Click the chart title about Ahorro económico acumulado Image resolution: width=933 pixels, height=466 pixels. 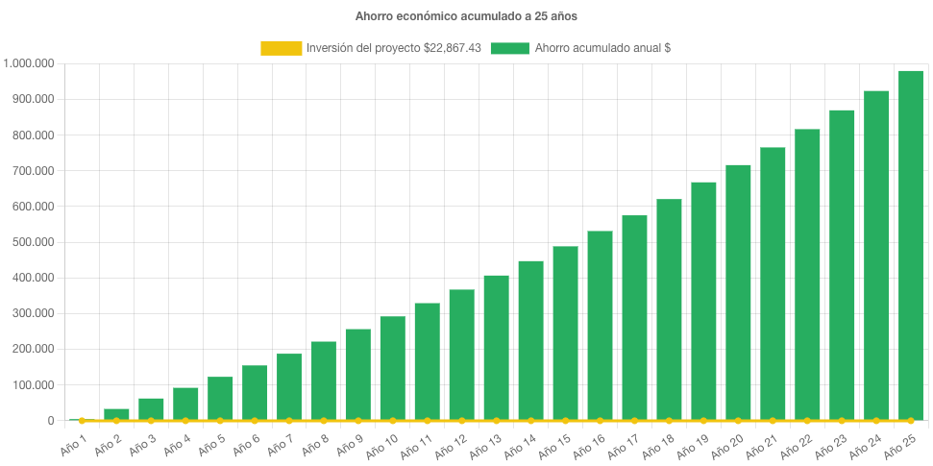click(x=466, y=16)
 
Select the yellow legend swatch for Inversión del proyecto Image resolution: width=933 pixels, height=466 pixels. click(x=281, y=48)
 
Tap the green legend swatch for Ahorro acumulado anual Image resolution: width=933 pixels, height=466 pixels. click(x=509, y=48)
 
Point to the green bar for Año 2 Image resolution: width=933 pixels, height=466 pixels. click(x=116, y=414)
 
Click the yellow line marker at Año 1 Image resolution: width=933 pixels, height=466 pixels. click(x=82, y=421)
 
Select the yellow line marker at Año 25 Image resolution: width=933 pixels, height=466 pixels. click(x=911, y=421)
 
